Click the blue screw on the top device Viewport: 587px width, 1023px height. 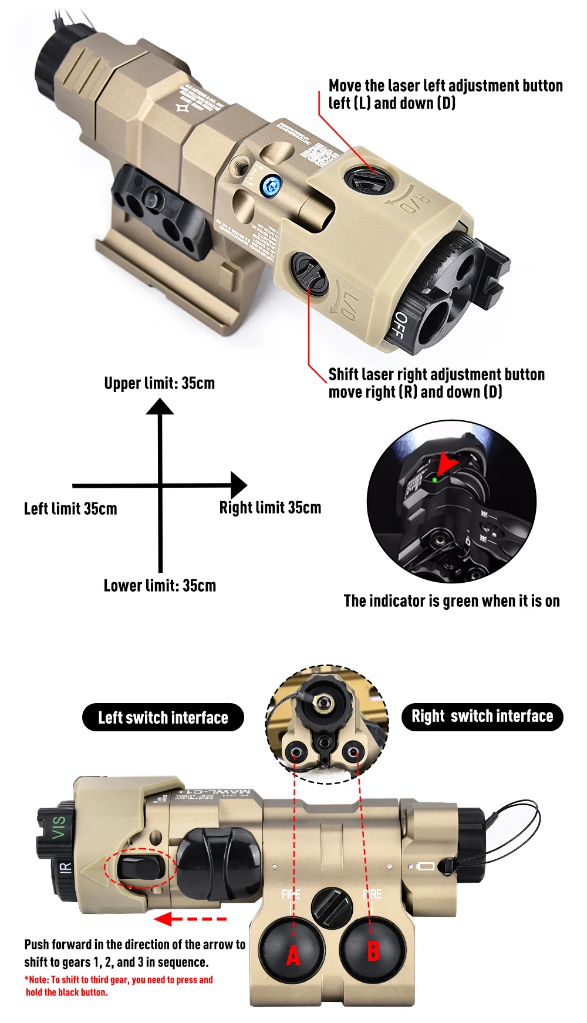tap(270, 186)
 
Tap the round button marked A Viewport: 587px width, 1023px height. tap(292, 950)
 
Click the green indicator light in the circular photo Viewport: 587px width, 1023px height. tap(434, 480)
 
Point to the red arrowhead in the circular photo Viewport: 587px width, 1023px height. tap(447, 462)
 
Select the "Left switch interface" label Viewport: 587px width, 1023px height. tap(163, 717)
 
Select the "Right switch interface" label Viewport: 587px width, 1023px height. tap(482, 716)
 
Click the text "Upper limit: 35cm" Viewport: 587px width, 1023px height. tap(160, 383)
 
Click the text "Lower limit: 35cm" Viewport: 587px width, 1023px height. tap(160, 586)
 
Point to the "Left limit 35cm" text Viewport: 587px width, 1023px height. tap(70, 508)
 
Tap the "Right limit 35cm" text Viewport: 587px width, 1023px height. tap(270, 507)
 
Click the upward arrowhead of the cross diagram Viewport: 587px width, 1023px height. tap(160, 406)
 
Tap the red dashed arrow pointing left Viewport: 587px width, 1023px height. tap(189, 919)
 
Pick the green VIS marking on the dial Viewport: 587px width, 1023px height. tap(59, 827)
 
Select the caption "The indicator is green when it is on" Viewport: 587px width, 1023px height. tap(451, 601)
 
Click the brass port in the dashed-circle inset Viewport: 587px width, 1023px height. tap(322, 701)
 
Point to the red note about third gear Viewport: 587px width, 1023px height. tap(119, 986)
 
